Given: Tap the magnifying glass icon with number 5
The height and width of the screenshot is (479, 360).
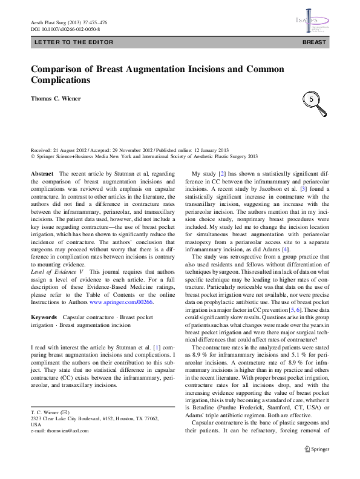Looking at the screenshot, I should (313, 99).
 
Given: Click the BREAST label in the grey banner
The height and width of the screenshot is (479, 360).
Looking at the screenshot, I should (314, 43).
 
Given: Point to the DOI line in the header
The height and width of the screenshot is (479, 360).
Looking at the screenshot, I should (65, 28).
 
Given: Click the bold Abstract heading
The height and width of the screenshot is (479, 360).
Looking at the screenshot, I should (42, 173).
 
